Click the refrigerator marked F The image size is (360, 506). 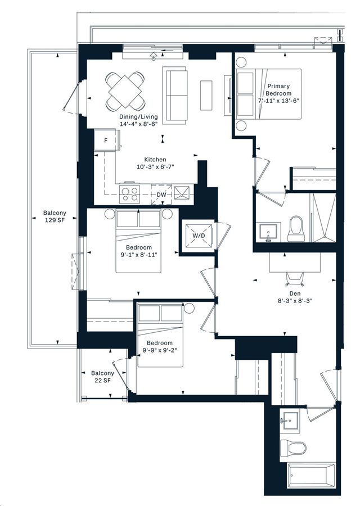tap(106, 140)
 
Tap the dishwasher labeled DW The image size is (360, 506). tap(161, 195)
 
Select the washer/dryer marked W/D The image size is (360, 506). tap(199, 236)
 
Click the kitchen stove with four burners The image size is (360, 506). tap(129, 194)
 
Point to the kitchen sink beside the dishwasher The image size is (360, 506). tap(183, 192)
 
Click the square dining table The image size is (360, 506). tap(125, 91)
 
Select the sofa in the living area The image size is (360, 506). tap(175, 95)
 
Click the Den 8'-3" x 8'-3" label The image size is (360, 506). tap(295, 297)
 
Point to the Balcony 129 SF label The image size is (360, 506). tap(55, 216)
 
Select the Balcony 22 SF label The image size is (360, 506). tap(102, 377)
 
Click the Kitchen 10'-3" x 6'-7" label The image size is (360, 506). tap(155, 163)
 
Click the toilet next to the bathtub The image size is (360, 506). tap(293, 448)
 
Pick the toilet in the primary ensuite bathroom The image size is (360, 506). tap(296, 228)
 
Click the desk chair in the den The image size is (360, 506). tap(295, 279)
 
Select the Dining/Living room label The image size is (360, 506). tap(138, 120)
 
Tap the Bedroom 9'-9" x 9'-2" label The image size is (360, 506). tap(160, 346)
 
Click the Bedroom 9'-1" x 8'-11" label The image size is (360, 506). tap(138, 251)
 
